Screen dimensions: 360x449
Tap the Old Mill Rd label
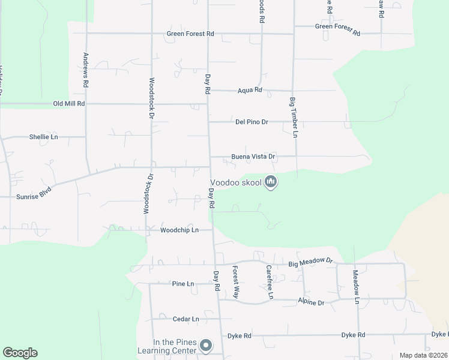pyautogui.click(x=69, y=104)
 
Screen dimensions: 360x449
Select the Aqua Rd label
pyautogui.click(x=250, y=90)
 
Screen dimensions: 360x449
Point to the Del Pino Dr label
pyautogui.click(x=252, y=122)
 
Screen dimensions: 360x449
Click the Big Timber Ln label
pyautogui.click(x=294, y=117)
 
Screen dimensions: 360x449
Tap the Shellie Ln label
pyautogui.click(x=44, y=137)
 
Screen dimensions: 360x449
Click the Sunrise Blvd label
pyautogui.click(x=34, y=193)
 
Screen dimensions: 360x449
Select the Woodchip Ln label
pyautogui.click(x=179, y=230)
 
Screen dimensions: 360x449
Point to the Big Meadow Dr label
pyautogui.click(x=310, y=262)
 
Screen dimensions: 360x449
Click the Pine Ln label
pyautogui.click(x=183, y=284)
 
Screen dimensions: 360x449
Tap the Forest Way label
pyautogui.click(x=236, y=281)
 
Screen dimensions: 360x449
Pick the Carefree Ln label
pyautogui.click(x=270, y=282)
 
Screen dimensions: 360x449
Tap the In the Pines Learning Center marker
pyautogui.click(x=206, y=345)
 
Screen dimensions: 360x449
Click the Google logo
pyautogui.click(x=20, y=353)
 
